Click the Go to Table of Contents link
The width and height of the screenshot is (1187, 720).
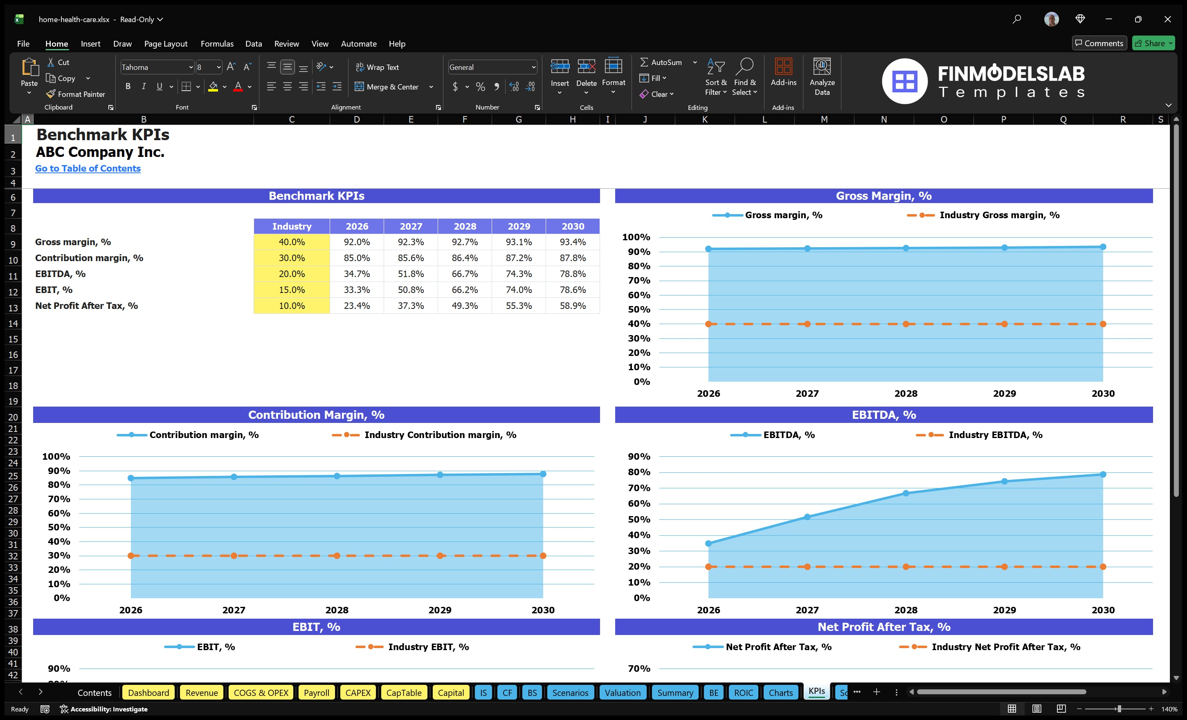[88, 168]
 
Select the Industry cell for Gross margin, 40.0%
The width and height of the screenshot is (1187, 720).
[292, 242]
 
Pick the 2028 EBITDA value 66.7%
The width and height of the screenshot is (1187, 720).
[464, 274]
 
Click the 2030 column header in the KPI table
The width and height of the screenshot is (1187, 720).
[572, 226]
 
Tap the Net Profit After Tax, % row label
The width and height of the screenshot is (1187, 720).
[86, 306]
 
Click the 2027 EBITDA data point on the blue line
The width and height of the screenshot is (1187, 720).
[807, 517]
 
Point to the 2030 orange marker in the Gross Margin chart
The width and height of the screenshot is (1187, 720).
[1103, 324]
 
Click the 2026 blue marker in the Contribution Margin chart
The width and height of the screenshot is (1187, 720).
[131, 478]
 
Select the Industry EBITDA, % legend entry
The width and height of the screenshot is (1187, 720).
[995, 435]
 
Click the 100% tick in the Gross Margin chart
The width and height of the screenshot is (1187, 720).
[636, 237]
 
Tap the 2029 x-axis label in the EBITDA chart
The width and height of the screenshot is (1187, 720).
[1004, 610]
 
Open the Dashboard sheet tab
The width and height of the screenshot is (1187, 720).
[148, 693]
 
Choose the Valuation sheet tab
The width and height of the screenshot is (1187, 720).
[623, 693]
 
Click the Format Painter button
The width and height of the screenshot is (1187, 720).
[76, 94]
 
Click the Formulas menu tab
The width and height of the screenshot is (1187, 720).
[217, 44]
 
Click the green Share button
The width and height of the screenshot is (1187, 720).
[1153, 43]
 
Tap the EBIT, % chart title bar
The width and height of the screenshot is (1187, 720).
[316, 627]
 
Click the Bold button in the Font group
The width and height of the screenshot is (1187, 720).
[128, 87]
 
